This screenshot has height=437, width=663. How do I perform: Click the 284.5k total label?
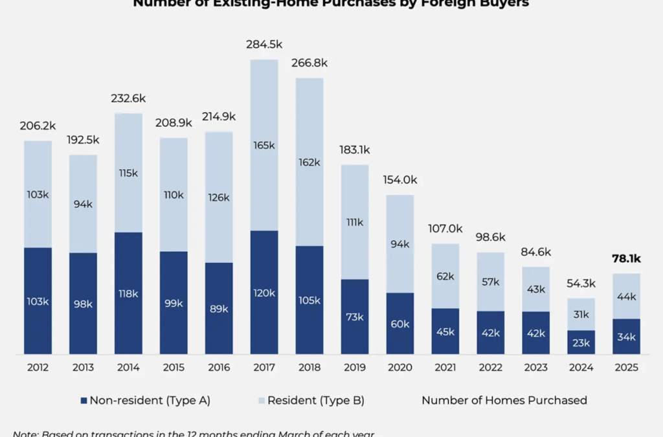264,45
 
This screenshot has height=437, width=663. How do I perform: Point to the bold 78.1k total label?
626,259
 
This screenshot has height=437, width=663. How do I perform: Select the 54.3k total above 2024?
581,284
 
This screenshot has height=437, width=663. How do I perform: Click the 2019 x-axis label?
355,367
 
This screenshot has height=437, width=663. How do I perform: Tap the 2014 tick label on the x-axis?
128,367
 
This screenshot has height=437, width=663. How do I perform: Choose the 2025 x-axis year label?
626,367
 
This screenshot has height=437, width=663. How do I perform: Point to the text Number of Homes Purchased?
504,400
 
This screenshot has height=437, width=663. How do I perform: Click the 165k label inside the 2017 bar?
264,146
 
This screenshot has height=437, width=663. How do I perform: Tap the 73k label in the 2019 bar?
355,317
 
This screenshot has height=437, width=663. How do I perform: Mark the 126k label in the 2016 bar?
219,197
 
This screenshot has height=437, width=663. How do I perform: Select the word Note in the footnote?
25,433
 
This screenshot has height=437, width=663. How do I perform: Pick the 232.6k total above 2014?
128,99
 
